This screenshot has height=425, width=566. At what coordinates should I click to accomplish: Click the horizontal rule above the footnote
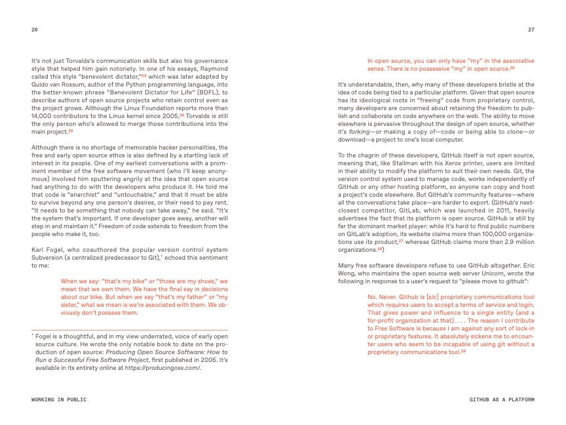coord(129,329)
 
